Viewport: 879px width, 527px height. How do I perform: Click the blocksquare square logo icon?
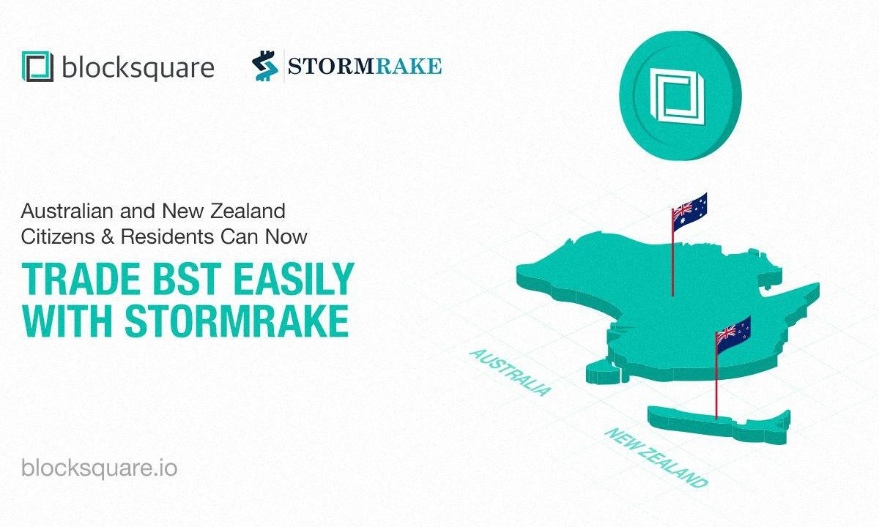[37, 67]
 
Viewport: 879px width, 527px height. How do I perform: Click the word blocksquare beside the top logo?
[138, 68]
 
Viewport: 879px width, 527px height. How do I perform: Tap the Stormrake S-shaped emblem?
[265, 66]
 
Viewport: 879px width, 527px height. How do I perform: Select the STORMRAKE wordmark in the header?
[365, 66]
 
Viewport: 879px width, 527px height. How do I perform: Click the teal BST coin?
[680, 96]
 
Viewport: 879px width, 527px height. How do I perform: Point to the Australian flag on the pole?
[689, 211]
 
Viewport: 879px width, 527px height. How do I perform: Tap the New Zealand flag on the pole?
[733, 335]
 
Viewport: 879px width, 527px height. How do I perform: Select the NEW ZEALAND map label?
[656, 457]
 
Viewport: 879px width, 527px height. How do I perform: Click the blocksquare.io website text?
[100, 468]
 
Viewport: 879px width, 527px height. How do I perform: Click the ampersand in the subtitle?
[108, 237]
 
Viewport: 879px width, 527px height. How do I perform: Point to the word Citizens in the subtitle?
[58, 237]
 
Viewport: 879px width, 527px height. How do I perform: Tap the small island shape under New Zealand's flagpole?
[719, 425]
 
